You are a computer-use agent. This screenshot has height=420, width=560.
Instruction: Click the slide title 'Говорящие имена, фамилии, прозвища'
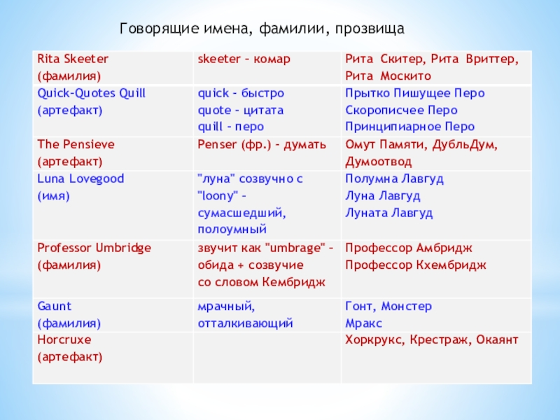[x=262, y=29]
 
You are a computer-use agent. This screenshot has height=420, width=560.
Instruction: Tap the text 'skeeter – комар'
[x=244, y=59]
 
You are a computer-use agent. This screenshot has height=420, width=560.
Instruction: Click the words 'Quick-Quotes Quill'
[x=91, y=93]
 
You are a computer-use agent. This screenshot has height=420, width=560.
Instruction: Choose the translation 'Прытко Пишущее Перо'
[x=414, y=93]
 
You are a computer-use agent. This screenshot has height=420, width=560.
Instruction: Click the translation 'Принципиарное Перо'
[x=409, y=127]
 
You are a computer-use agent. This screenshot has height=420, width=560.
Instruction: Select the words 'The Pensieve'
[x=75, y=144]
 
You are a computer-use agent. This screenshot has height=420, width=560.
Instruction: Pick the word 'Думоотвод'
[x=378, y=161]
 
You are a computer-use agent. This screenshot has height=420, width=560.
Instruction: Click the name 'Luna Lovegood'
[x=80, y=178]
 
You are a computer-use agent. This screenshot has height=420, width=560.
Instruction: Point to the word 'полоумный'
[x=232, y=229]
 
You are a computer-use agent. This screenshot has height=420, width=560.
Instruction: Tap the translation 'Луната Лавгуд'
[x=388, y=212]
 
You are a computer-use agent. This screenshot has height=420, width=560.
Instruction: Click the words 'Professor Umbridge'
[x=94, y=247]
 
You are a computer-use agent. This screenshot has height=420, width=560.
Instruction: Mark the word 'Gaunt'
[x=55, y=306]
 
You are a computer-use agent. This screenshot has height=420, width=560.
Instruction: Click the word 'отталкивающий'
[x=245, y=323]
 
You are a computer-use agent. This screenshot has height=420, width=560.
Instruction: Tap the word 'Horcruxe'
[x=64, y=339]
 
